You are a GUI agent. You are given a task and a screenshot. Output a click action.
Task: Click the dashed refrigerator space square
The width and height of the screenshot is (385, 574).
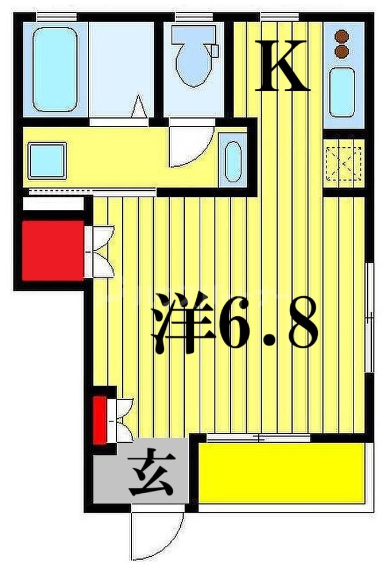pyautogui.click(x=343, y=164)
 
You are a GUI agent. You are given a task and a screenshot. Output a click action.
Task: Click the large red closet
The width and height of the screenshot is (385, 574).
pyautogui.click(x=52, y=250)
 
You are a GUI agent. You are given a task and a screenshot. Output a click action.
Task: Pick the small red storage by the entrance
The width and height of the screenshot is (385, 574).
pyautogui.click(x=100, y=420)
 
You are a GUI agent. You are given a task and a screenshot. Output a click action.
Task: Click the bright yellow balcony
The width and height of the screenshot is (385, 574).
pyautogui.click(x=282, y=473)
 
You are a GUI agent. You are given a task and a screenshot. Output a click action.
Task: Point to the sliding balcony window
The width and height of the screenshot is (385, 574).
pyautogui.click(x=258, y=438)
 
